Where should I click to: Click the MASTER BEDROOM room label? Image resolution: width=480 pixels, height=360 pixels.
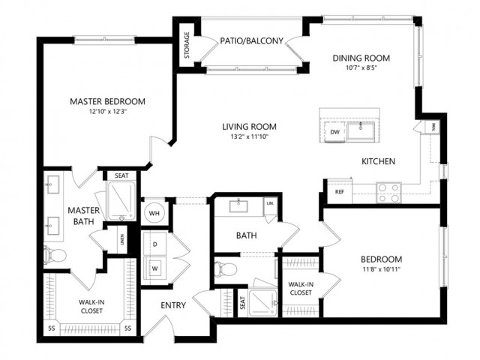(x=107, y=101)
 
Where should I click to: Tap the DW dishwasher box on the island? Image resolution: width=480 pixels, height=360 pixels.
(x=335, y=133)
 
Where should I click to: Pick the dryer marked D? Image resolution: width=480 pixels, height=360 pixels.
(x=154, y=244)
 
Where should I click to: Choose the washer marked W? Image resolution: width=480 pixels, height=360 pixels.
(x=154, y=268)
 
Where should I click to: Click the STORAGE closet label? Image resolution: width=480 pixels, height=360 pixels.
(x=186, y=45)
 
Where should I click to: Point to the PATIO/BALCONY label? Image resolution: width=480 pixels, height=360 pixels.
(x=252, y=41)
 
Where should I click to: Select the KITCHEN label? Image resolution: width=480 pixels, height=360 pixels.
(x=379, y=161)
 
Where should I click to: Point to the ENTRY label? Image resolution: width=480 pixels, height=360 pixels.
(x=173, y=305)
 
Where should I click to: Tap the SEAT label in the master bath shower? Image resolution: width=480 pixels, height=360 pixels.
(x=121, y=175)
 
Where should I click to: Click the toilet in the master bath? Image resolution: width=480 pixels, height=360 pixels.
(x=52, y=256)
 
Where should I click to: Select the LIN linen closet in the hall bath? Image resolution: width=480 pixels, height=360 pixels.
(x=269, y=204)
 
